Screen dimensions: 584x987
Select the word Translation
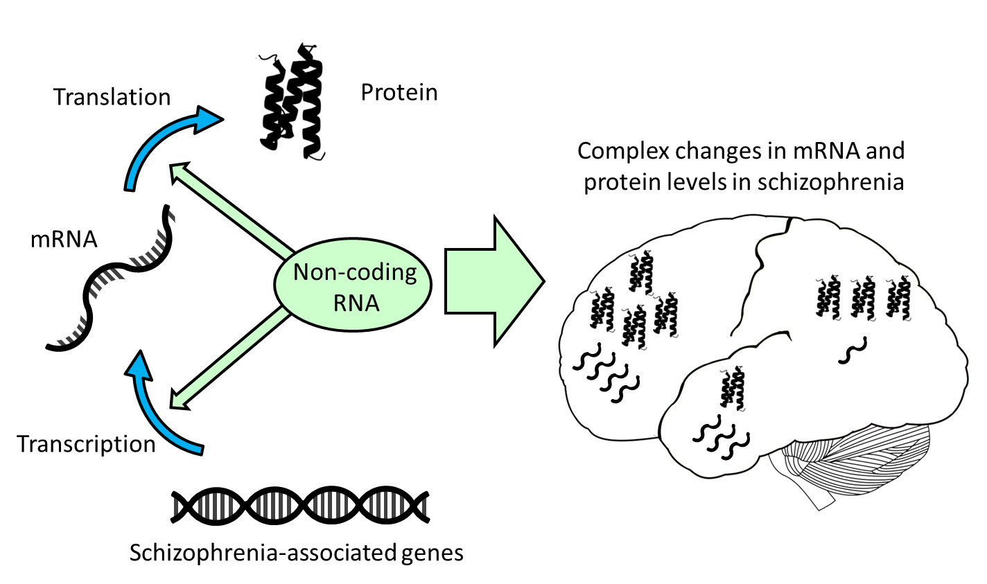(112, 97)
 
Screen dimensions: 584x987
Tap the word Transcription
(86, 444)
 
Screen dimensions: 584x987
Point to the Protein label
(399, 92)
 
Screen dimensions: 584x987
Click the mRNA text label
(64, 240)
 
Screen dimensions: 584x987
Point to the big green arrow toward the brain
(493, 281)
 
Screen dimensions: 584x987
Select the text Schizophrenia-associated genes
(297, 553)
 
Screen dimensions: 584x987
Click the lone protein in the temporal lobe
(732, 389)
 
